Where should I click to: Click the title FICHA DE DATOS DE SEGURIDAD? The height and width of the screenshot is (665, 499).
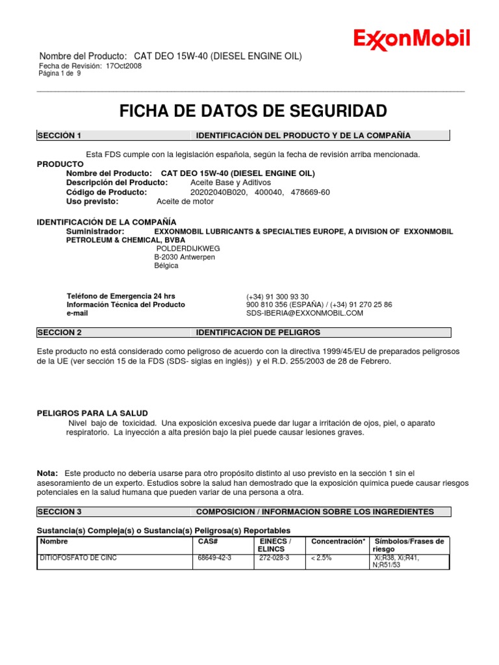pos(253,111)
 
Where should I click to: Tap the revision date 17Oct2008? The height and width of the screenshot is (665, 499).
pos(123,66)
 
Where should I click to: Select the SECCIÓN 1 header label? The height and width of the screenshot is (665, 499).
pos(59,135)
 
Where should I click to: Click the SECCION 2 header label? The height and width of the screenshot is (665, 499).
pos(59,332)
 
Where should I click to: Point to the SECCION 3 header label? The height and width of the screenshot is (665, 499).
pos(59,512)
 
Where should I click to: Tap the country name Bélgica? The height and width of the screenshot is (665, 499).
pos(166,266)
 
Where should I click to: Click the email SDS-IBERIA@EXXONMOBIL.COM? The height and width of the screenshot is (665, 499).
pos(305,313)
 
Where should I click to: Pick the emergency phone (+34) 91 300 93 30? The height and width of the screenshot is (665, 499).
pos(277,296)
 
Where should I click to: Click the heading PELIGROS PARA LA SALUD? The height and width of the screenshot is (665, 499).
pos(92,413)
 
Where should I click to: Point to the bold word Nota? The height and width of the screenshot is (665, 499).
pos(47,473)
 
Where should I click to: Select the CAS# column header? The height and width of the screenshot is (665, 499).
pos(207,541)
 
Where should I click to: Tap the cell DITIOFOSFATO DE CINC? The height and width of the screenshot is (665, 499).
pos(79,558)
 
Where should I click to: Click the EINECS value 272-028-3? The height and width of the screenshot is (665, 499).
pos(274,558)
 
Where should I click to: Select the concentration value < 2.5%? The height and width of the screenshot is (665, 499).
pos(322,558)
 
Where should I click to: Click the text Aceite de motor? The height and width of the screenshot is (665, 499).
pos(185,201)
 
